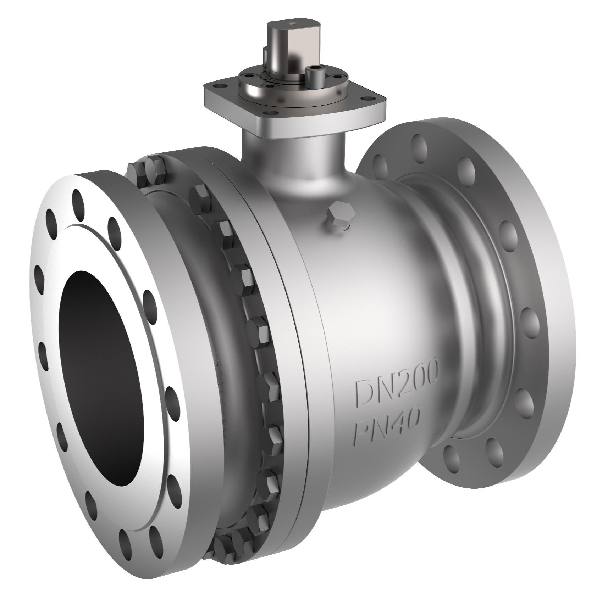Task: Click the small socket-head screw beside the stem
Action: click(x=314, y=74)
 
